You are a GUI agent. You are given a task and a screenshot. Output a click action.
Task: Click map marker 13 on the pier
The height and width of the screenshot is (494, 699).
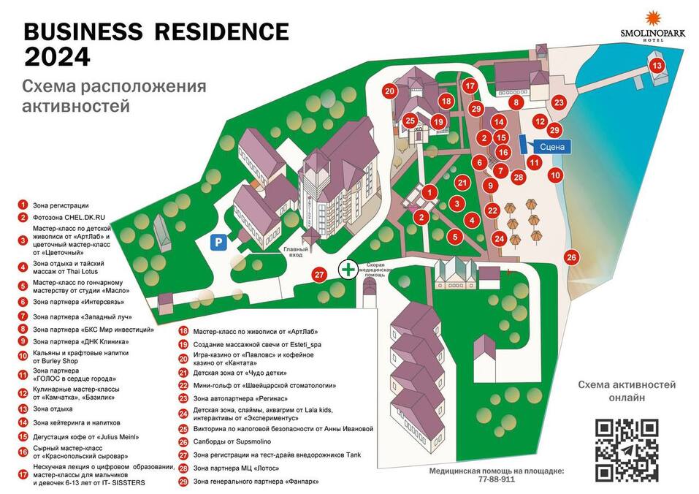(x=657, y=66)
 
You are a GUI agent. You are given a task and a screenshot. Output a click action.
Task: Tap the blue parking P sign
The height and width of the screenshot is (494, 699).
(x=218, y=243)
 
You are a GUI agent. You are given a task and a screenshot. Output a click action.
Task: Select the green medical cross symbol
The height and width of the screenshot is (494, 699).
(x=349, y=269)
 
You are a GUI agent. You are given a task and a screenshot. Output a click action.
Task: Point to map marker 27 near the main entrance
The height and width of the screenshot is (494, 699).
(x=318, y=275)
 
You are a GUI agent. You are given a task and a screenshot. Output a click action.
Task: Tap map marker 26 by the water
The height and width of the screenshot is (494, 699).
(x=572, y=256)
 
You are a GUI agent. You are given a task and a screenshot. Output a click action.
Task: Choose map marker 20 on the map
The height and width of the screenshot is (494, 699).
(x=389, y=91)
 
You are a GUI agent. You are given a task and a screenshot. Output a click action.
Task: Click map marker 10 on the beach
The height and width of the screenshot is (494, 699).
(x=555, y=175)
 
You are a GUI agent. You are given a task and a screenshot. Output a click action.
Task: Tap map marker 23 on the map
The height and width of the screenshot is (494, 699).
(x=559, y=102)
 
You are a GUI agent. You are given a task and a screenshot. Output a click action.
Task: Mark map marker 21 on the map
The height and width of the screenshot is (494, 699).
(x=462, y=183)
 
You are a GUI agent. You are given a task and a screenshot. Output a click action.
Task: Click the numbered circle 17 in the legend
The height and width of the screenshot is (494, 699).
(x=23, y=474)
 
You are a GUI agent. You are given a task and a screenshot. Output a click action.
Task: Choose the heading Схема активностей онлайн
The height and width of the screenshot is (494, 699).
(x=627, y=391)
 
